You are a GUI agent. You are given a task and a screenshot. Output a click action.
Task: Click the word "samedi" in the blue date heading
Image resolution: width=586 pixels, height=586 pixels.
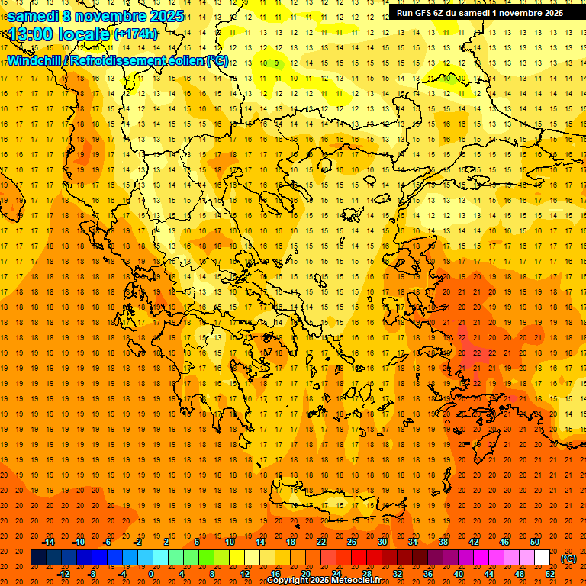pos(34,16)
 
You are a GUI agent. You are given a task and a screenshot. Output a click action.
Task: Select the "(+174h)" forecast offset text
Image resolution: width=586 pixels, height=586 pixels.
pos(136,34)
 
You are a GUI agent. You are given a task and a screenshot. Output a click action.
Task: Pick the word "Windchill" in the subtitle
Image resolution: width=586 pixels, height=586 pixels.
pos(35,60)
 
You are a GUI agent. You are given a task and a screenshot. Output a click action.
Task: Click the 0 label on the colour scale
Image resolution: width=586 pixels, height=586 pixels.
pos(150,574)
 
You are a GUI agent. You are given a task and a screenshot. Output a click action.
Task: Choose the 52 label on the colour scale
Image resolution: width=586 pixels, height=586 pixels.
pos(550,574)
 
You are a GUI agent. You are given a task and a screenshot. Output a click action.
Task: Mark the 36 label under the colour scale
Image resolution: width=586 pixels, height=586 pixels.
pos(428,574)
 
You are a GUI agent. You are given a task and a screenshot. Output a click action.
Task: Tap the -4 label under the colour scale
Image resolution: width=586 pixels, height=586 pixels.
pos(121,574)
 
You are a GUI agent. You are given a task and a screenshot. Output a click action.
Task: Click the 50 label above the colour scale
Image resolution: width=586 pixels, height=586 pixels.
pos(535,542)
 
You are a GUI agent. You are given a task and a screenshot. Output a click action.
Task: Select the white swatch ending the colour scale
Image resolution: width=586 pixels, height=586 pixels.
pos(542,558)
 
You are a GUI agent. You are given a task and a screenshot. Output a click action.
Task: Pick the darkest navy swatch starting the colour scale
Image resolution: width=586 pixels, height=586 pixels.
pos(38,558)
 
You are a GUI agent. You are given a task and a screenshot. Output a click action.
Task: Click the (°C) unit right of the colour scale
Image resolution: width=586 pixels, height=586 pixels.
pos(568,559)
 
